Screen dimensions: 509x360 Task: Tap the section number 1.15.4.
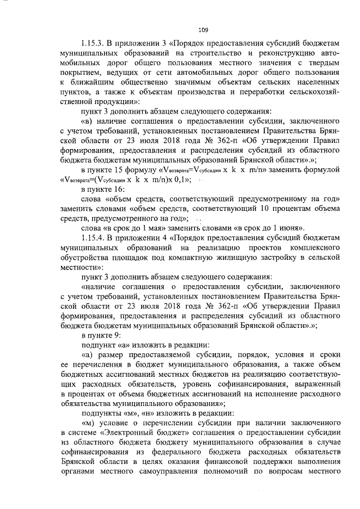[x=94, y=239]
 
